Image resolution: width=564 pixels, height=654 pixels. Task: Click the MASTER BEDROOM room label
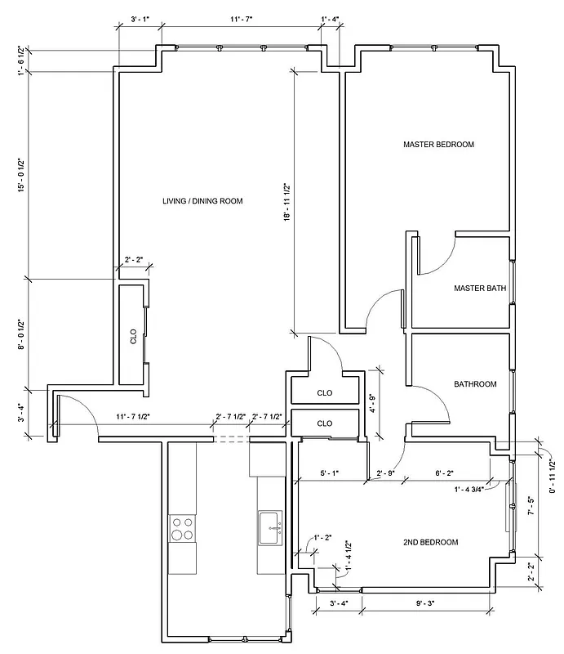[x=438, y=145]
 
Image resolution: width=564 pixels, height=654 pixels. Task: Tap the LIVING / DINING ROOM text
[x=202, y=201]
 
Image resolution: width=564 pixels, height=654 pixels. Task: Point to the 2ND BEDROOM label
[x=430, y=542]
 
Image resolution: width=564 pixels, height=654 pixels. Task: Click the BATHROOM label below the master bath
[x=475, y=384]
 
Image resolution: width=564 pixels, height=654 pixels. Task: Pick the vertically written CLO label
[x=134, y=337]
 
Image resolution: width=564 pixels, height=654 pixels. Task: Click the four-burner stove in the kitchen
[x=183, y=529]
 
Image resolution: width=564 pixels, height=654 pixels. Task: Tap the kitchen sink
[x=270, y=527]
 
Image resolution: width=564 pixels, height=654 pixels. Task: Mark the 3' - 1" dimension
[x=140, y=17]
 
